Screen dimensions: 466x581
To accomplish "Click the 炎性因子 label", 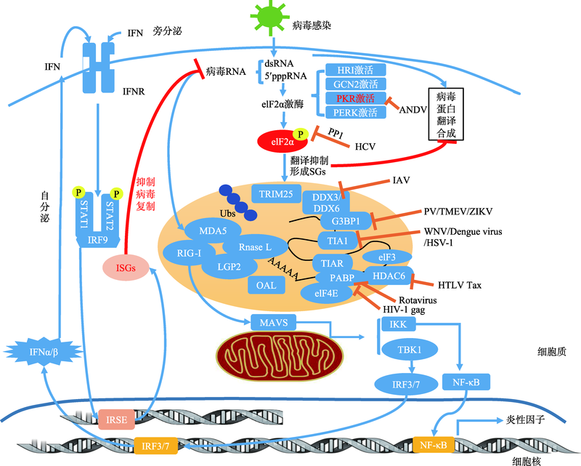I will [x=519, y=420].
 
